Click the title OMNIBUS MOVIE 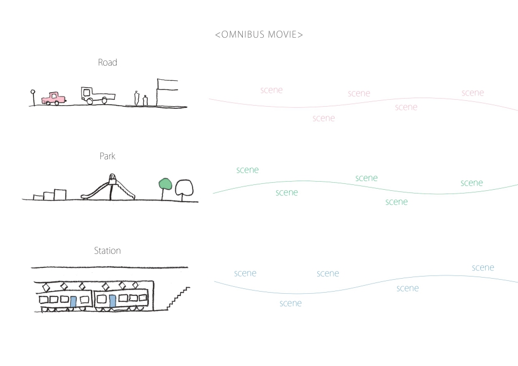click(x=259, y=34)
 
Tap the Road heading click(x=107, y=63)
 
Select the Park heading click(x=107, y=156)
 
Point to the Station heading click(x=107, y=251)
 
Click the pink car click(x=53, y=98)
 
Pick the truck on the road click(x=98, y=95)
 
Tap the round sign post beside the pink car click(x=33, y=98)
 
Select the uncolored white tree click(x=184, y=190)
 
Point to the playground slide click(x=109, y=188)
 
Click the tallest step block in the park click(x=60, y=195)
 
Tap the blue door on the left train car click(x=73, y=302)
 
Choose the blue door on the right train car click(x=112, y=301)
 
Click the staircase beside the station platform click(x=179, y=298)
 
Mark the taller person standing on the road click(x=137, y=98)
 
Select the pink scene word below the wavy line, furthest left click(x=324, y=118)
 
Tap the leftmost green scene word click(x=248, y=170)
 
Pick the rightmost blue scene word click(x=483, y=268)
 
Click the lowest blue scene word click(x=291, y=303)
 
